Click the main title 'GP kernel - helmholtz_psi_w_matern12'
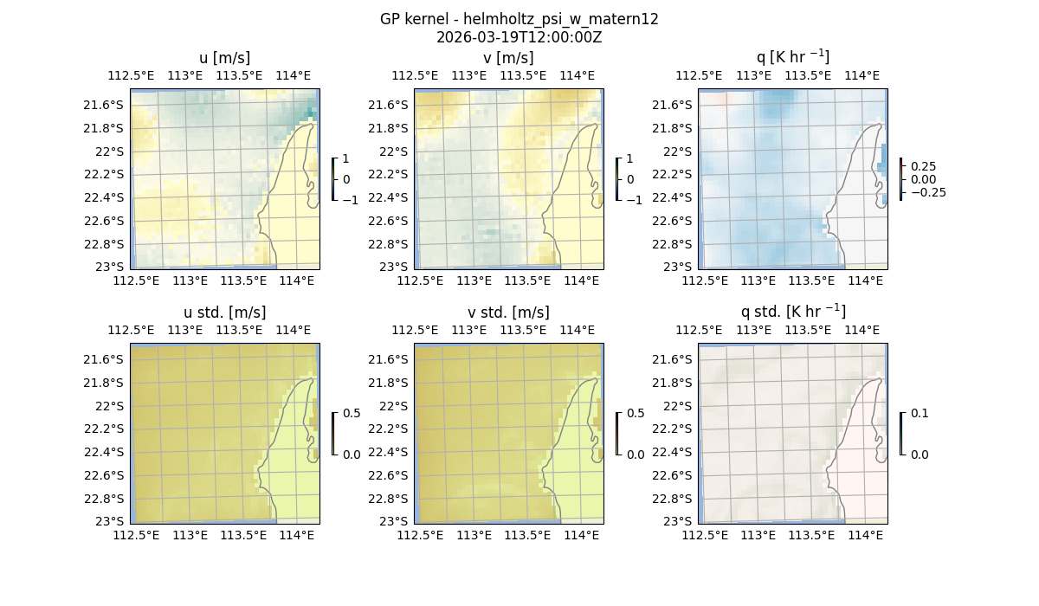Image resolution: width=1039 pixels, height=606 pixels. [x=519, y=19]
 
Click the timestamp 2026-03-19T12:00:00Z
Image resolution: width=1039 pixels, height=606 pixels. [x=519, y=37]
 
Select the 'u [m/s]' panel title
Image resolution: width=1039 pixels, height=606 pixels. [x=224, y=58]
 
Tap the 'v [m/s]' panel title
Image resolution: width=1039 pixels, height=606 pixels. [x=508, y=58]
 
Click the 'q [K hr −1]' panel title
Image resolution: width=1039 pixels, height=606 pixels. [x=792, y=57]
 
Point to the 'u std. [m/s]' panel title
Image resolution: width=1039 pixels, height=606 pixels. [x=224, y=313]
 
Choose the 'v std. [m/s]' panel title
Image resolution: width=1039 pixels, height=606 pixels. [x=508, y=313]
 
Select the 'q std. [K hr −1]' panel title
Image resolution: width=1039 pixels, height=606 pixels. [x=792, y=312]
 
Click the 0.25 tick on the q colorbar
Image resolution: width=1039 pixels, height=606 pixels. [x=923, y=166]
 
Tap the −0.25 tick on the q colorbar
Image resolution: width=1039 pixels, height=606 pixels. [x=927, y=192]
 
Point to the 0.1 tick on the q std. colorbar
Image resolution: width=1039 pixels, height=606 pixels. [x=919, y=414]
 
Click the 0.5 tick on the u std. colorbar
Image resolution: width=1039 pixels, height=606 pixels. [x=351, y=414]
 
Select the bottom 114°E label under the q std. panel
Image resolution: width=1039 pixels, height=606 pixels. [x=865, y=536]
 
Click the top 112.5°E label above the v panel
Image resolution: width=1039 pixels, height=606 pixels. [x=415, y=75]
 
